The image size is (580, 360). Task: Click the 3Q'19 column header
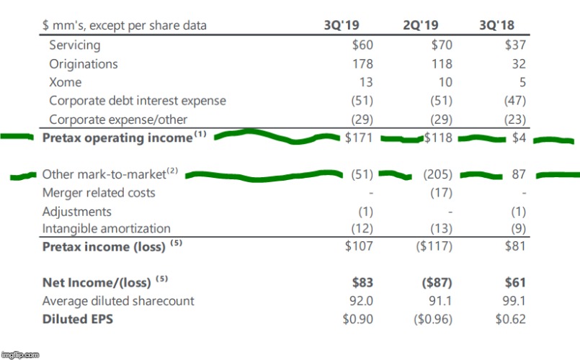click(342, 26)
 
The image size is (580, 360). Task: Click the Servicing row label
click(76, 45)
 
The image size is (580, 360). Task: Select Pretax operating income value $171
click(358, 138)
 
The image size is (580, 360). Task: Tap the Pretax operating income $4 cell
click(519, 138)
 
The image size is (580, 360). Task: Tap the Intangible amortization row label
click(107, 229)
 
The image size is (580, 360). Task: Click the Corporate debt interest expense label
click(138, 101)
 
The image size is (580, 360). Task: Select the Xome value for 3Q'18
click(522, 82)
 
